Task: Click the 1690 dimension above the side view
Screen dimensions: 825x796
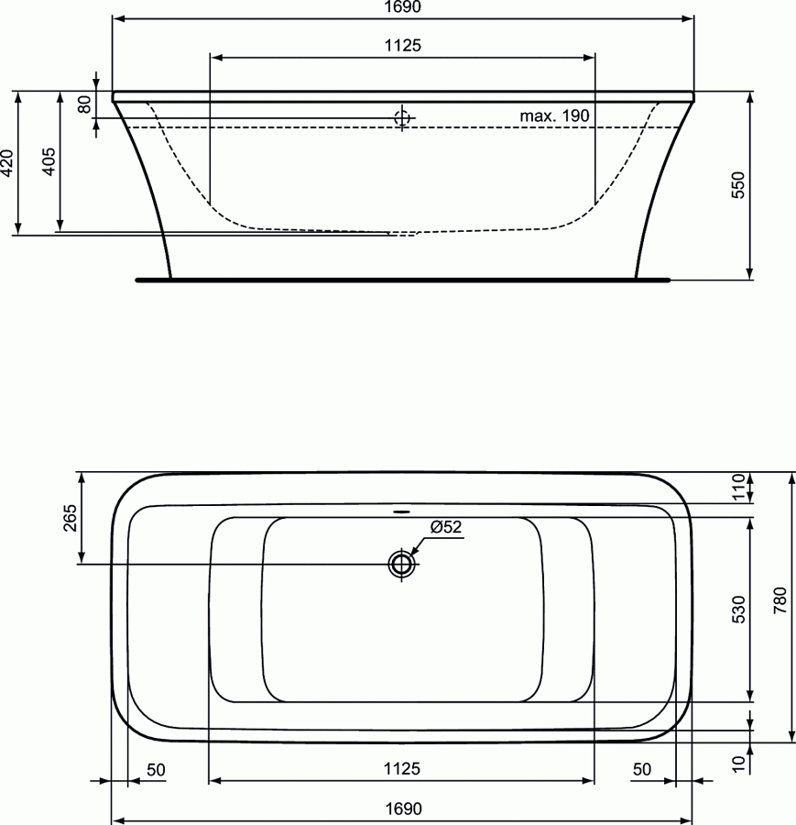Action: (402, 8)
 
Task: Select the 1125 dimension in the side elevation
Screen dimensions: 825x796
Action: (402, 46)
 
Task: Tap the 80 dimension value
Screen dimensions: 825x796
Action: (84, 104)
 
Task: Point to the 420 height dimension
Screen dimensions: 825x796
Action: (7, 162)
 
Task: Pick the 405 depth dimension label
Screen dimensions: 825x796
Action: (49, 162)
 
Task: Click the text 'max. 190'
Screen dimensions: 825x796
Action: (554, 115)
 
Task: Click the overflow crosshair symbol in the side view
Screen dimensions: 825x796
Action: (402, 117)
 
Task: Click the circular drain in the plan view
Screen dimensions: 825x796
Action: (402, 564)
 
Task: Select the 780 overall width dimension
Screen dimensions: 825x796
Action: (779, 605)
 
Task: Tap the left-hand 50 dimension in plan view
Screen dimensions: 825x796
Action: (156, 769)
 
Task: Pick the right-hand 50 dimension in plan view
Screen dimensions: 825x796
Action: (641, 769)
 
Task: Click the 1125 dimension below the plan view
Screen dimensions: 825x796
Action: (402, 769)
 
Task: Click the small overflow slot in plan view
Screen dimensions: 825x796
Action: (402, 511)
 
